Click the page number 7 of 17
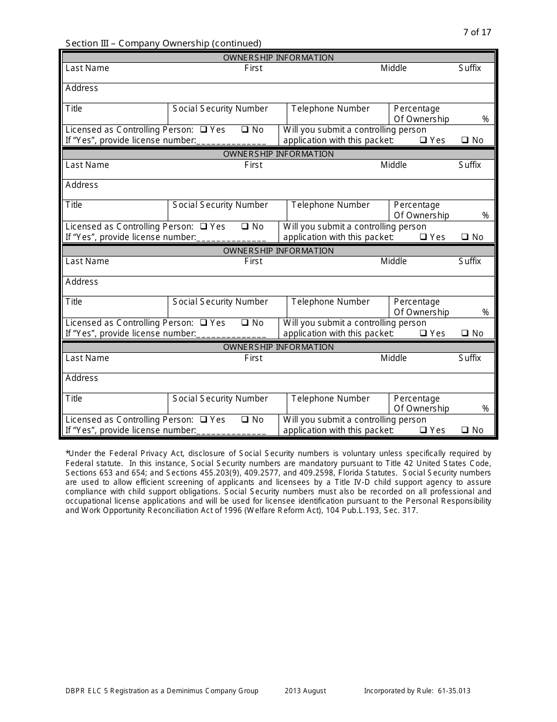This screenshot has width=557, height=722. (477, 32)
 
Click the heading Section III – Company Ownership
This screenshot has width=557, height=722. (163, 43)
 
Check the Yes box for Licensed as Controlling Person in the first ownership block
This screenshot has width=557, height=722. (203, 130)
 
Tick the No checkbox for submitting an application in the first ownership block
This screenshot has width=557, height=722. (464, 140)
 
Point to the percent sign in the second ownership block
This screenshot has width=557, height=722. (485, 215)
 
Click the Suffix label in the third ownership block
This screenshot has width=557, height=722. (470, 261)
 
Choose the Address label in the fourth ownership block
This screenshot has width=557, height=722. (82, 378)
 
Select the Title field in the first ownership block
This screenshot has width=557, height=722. (115, 114)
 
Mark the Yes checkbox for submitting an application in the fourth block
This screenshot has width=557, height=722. (423, 430)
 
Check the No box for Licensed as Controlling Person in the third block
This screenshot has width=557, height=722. (245, 323)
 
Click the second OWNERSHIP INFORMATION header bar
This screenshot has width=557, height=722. (278, 154)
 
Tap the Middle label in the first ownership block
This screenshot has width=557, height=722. (393, 68)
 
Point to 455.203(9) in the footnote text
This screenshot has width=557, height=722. (237, 473)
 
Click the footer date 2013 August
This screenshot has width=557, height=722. (305, 691)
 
